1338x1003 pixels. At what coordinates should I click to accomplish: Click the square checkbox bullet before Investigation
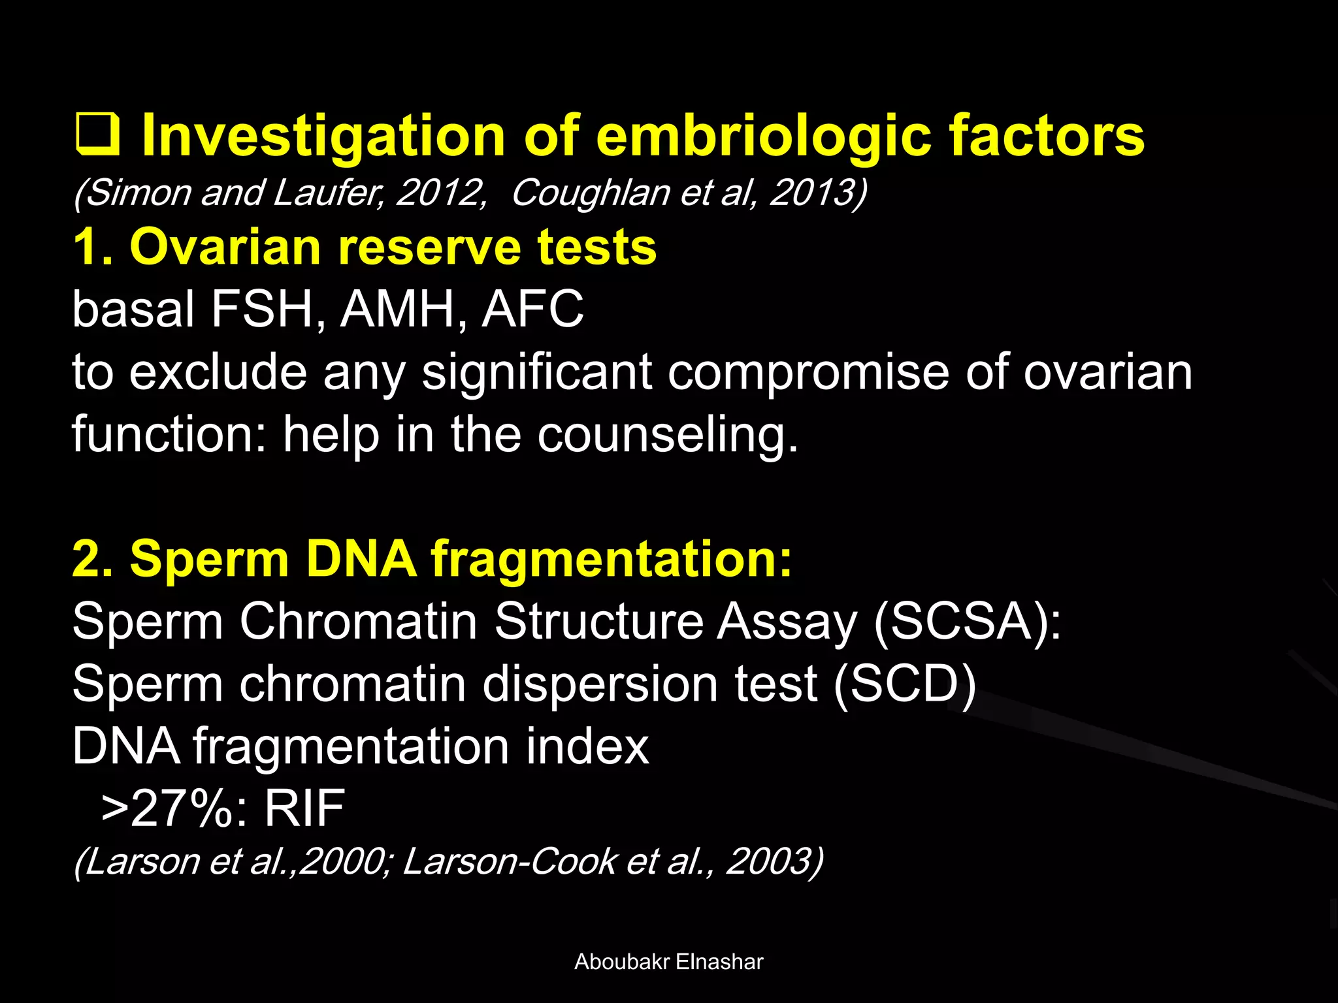pyautogui.click(x=97, y=135)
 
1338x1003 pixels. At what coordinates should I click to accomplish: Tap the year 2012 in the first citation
pyautogui.click(x=439, y=193)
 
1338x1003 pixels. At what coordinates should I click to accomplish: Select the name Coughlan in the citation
pyautogui.click(x=591, y=193)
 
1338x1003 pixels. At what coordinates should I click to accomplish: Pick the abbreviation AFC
pyautogui.click(x=532, y=309)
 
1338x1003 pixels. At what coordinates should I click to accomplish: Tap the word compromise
pyautogui.click(x=808, y=372)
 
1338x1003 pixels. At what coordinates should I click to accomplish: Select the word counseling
pyautogui.click(x=667, y=435)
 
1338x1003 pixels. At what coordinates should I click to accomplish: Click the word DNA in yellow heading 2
pyautogui.click(x=361, y=559)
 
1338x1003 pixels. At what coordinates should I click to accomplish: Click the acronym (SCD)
pyautogui.click(x=905, y=684)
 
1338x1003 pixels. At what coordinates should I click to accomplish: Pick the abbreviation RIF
pyautogui.click(x=304, y=808)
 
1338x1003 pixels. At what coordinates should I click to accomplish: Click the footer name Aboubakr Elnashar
pyautogui.click(x=668, y=962)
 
